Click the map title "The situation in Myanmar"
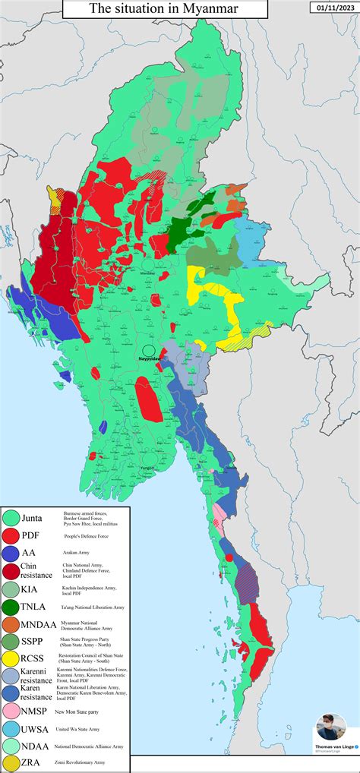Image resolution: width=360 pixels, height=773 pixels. pyautogui.click(x=163, y=9)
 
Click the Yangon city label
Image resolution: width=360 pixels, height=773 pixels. pyautogui.click(x=147, y=469)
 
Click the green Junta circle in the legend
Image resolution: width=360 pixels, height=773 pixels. pyautogui.click(x=11, y=518)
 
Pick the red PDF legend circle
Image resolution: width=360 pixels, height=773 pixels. pyautogui.click(x=11, y=535)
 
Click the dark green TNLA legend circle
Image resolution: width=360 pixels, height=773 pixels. pyautogui.click(x=11, y=607)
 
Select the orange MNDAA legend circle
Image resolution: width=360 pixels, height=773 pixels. pyautogui.click(x=11, y=624)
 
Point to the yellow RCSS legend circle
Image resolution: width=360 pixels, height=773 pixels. pyautogui.click(x=11, y=658)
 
